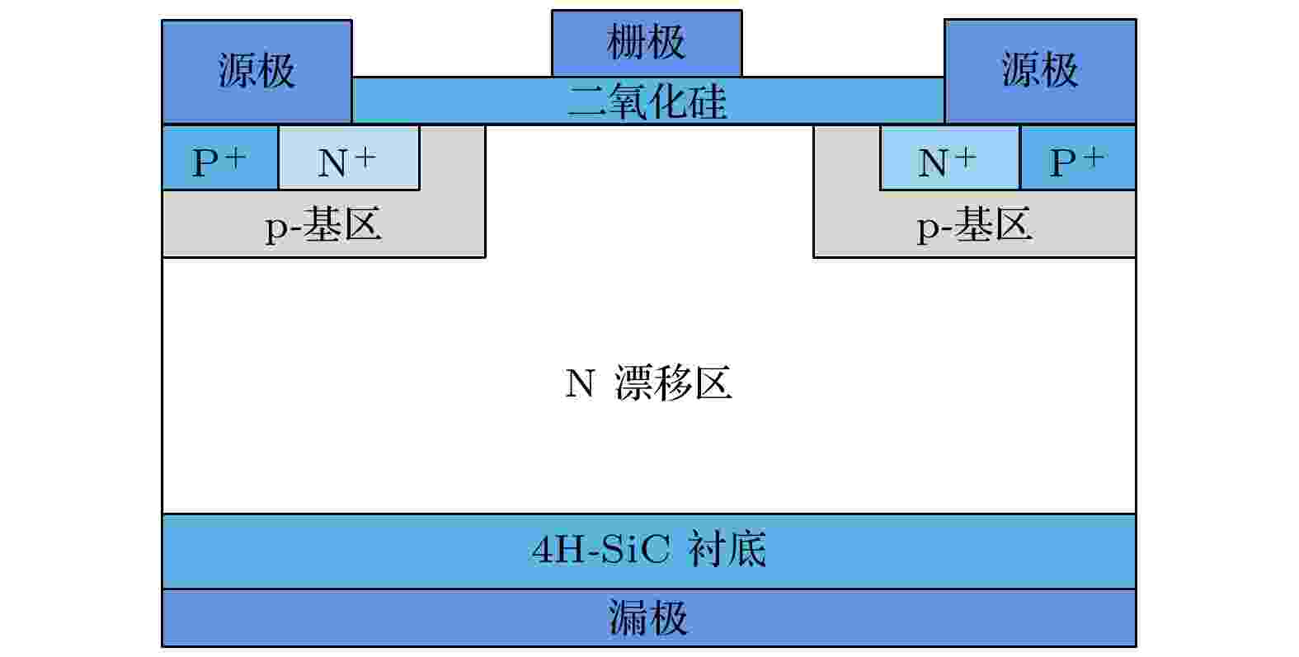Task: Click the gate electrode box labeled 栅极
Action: (x=647, y=43)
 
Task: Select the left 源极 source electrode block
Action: (x=257, y=72)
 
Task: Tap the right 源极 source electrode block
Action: (x=1040, y=71)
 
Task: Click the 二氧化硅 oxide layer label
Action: (x=647, y=101)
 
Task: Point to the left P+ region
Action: (x=220, y=157)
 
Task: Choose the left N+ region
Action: (x=349, y=157)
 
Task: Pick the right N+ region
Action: (x=950, y=157)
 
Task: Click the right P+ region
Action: (x=1078, y=157)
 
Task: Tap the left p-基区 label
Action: (x=323, y=225)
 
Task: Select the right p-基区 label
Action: (x=974, y=225)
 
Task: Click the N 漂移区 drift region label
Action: (x=648, y=382)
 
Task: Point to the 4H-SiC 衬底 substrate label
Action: (x=649, y=549)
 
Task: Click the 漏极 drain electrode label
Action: (x=647, y=617)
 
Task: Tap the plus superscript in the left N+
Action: (x=365, y=157)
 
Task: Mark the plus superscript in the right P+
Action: (x=1093, y=157)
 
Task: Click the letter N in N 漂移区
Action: (x=580, y=383)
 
